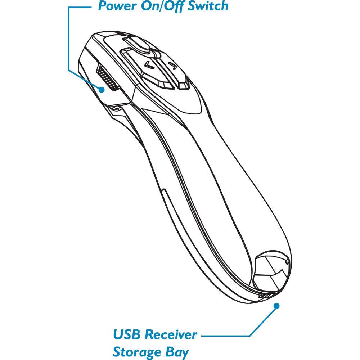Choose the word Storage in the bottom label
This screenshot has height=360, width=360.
(x=138, y=351)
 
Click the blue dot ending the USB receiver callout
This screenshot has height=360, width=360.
(x=277, y=306)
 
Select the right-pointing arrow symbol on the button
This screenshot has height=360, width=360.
(x=173, y=66)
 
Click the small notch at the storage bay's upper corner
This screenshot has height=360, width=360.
(x=287, y=260)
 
